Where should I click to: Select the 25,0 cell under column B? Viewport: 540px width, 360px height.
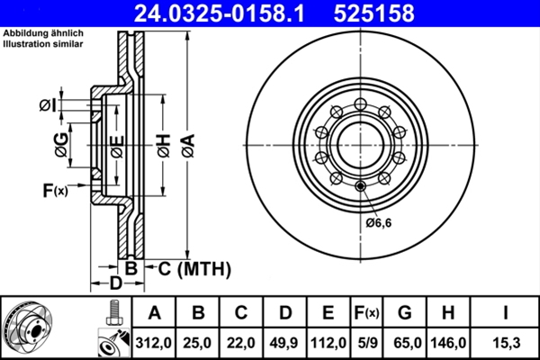pos(198,341)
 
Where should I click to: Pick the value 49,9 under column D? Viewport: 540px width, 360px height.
pos(284,341)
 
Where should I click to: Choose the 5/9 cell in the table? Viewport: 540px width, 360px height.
pos(366,341)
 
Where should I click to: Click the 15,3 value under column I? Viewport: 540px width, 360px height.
pos(508,341)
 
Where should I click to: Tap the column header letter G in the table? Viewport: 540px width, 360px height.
pos(404,312)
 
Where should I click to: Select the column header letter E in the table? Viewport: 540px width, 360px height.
pos(328,312)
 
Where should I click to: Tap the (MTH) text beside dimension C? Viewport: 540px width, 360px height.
pos(203,267)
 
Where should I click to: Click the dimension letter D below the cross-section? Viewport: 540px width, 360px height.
pos(115,284)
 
